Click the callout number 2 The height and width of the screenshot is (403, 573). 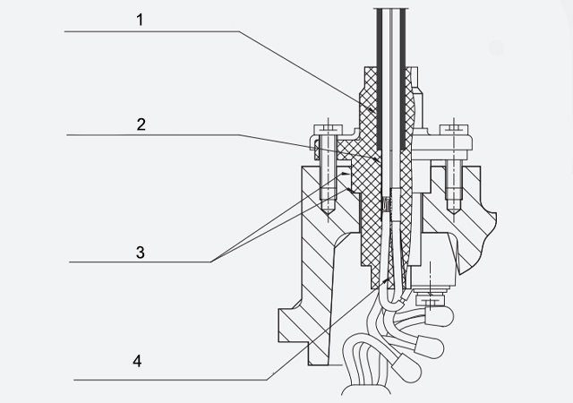[x=140, y=124]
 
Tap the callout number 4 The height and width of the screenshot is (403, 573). [x=135, y=362]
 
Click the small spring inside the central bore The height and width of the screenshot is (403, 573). [x=386, y=206]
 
